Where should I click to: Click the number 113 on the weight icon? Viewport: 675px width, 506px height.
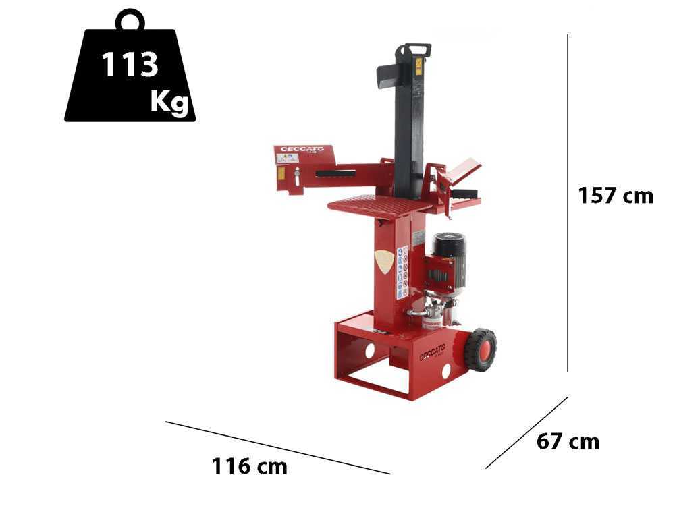[130, 65]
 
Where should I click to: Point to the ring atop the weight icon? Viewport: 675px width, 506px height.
[130, 20]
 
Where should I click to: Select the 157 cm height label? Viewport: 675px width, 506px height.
[615, 196]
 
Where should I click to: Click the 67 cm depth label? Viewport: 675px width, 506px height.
[568, 442]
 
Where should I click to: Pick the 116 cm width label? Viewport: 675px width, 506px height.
[249, 466]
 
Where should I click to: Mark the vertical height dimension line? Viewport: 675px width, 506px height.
[568, 202]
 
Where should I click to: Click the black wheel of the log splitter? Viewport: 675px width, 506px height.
[480, 349]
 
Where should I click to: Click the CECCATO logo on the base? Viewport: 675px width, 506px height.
[432, 352]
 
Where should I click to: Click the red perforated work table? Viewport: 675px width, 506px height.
[379, 203]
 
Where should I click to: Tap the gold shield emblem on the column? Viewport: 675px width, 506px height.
[383, 261]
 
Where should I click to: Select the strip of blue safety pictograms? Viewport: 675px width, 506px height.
[401, 273]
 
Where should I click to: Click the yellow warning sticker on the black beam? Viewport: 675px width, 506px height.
[418, 66]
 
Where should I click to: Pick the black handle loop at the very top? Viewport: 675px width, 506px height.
[414, 49]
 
